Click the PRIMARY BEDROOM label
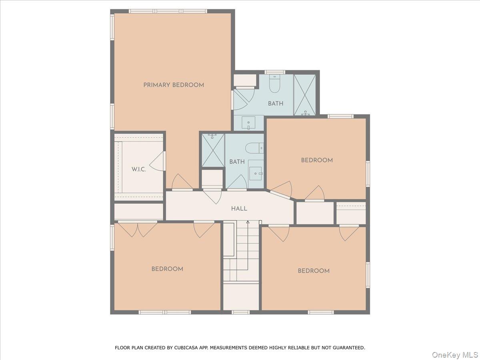click(x=174, y=85)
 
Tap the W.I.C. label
click(x=139, y=169)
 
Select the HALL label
click(x=239, y=208)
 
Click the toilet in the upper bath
click(x=275, y=84)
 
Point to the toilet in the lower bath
click(x=254, y=148)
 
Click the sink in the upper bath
click(x=248, y=123)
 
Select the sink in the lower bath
click(x=256, y=174)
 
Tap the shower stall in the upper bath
click(x=304, y=95)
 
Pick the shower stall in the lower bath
click(x=213, y=150)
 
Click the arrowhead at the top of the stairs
click(x=248, y=222)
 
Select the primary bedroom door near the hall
click(x=182, y=182)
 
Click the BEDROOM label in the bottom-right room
click(x=314, y=271)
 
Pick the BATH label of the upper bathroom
click(x=276, y=103)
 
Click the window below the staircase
click(x=240, y=312)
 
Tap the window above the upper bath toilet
click(x=275, y=72)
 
